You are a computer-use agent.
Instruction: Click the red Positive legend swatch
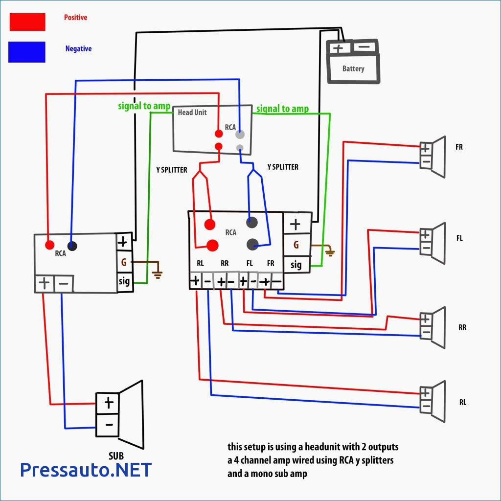click(x=27, y=22)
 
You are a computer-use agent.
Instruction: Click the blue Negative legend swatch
click(x=27, y=52)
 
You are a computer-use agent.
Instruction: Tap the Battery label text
click(x=353, y=68)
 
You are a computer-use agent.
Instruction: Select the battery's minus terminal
click(x=364, y=47)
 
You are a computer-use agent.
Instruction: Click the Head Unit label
click(x=192, y=113)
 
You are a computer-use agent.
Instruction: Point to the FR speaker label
click(x=459, y=147)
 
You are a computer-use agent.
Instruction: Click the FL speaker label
click(x=459, y=238)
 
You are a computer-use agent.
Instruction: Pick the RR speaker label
click(x=462, y=327)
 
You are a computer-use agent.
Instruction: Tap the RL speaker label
click(x=462, y=402)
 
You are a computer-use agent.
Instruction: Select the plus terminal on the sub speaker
click(x=109, y=403)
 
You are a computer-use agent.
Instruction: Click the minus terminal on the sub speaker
click(x=109, y=425)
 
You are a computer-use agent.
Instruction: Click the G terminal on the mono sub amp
click(x=124, y=263)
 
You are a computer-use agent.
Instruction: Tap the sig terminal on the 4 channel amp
click(x=296, y=265)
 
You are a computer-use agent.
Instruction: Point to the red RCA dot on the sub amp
click(x=49, y=245)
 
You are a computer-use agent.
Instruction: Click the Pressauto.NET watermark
click(x=86, y=470)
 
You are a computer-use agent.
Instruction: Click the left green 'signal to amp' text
click(x=144, y=106)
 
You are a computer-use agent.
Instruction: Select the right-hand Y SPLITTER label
click(x=283, y=167)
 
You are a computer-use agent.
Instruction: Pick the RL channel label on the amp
click(x=200, y=263)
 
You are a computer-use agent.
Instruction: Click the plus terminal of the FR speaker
click(x=426, y=148)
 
